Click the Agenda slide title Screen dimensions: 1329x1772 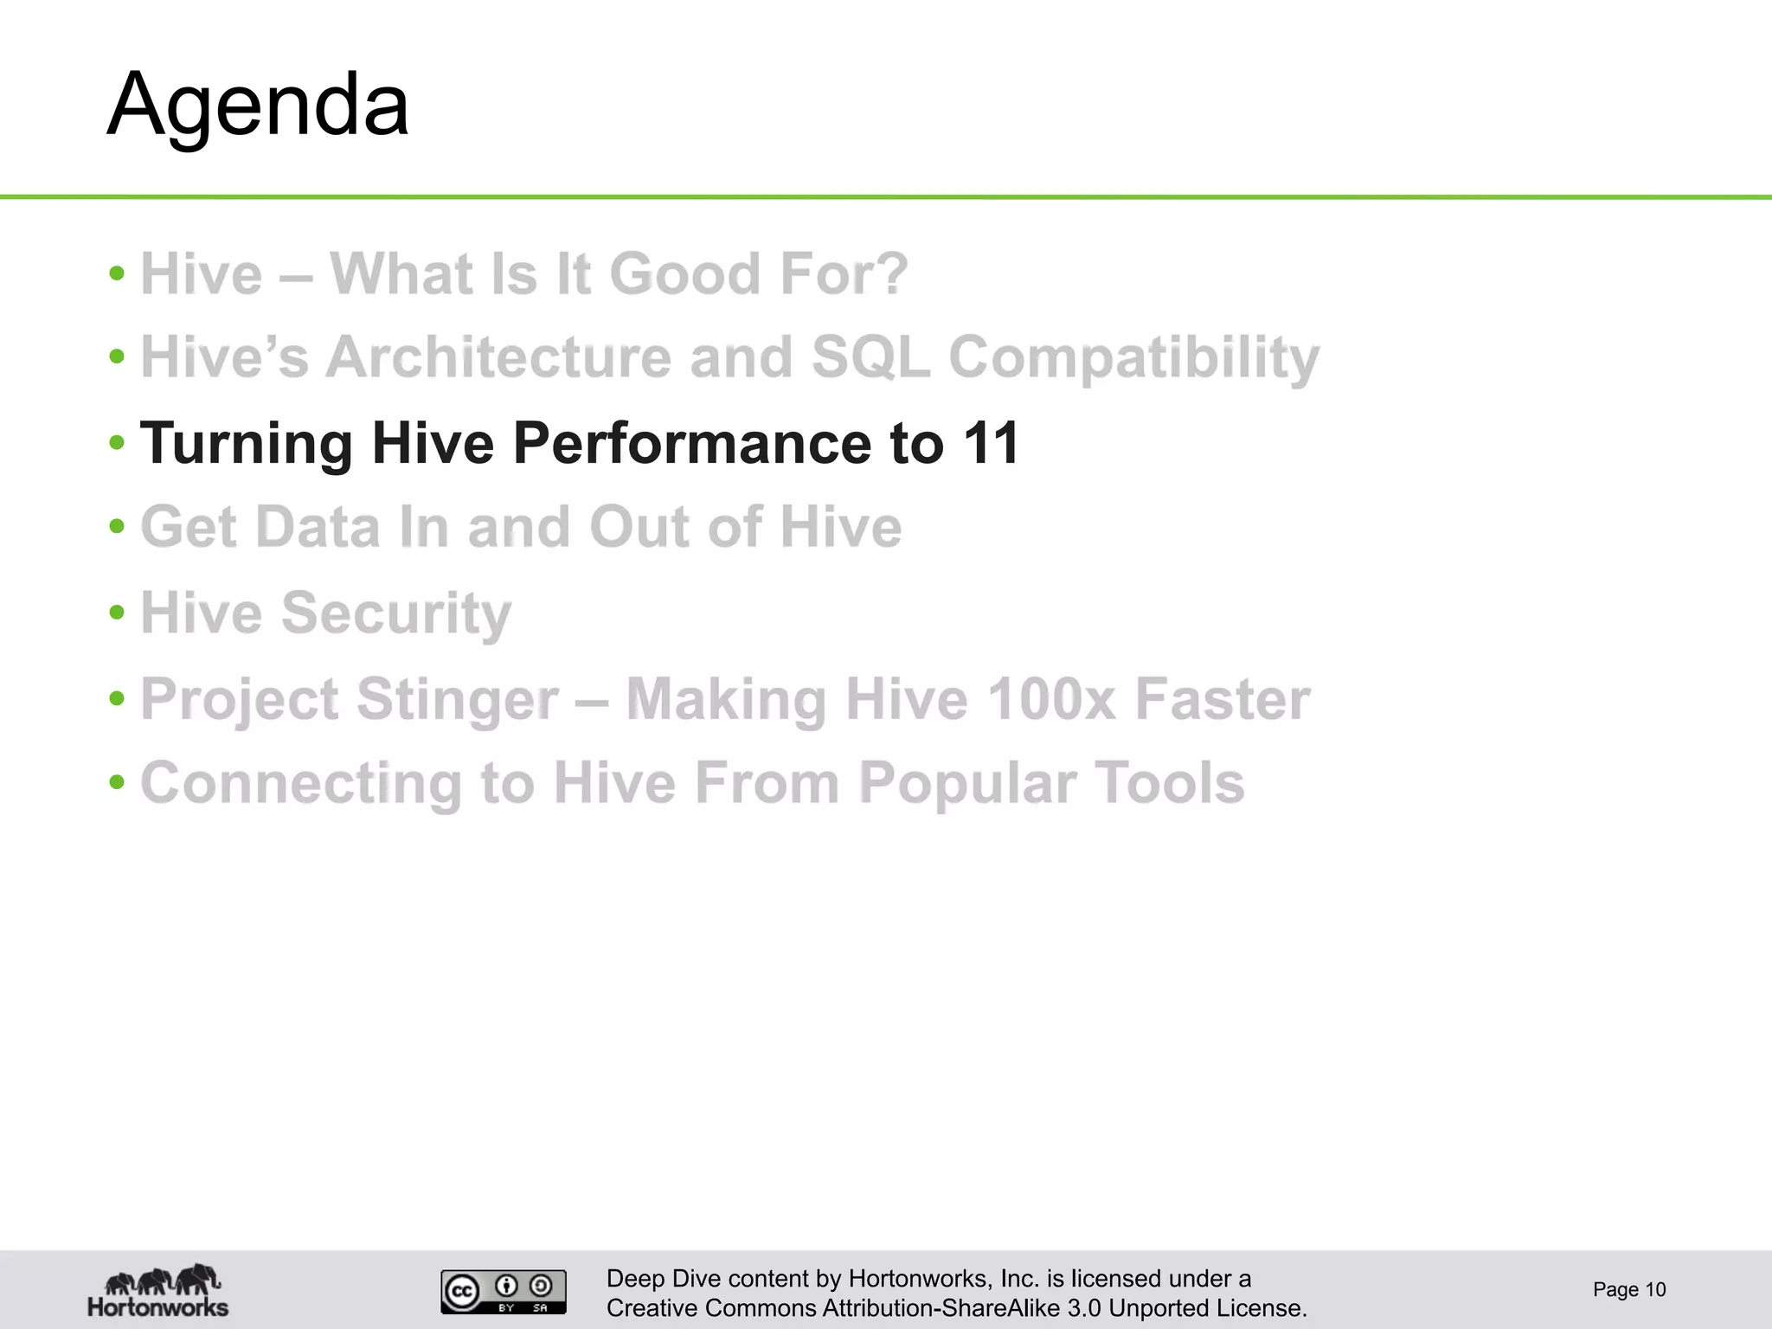click(258, 106)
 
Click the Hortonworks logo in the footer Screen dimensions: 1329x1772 click(158, 1290)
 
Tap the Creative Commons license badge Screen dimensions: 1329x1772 click(504, 1291)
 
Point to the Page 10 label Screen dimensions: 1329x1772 click(1628, 1290)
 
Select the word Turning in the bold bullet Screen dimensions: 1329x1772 click(246, 443)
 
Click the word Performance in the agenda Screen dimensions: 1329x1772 click(692, 443)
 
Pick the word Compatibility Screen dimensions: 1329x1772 click(1133, 358)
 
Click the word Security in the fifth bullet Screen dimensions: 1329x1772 click(396, 613)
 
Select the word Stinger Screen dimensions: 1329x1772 click(457, 699)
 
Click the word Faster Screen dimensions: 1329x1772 click(1222, 698)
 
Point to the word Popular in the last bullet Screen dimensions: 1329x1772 click(967, 783)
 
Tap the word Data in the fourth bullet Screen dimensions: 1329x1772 click(318, 527)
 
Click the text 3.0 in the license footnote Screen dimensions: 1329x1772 click(1084, 1307)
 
